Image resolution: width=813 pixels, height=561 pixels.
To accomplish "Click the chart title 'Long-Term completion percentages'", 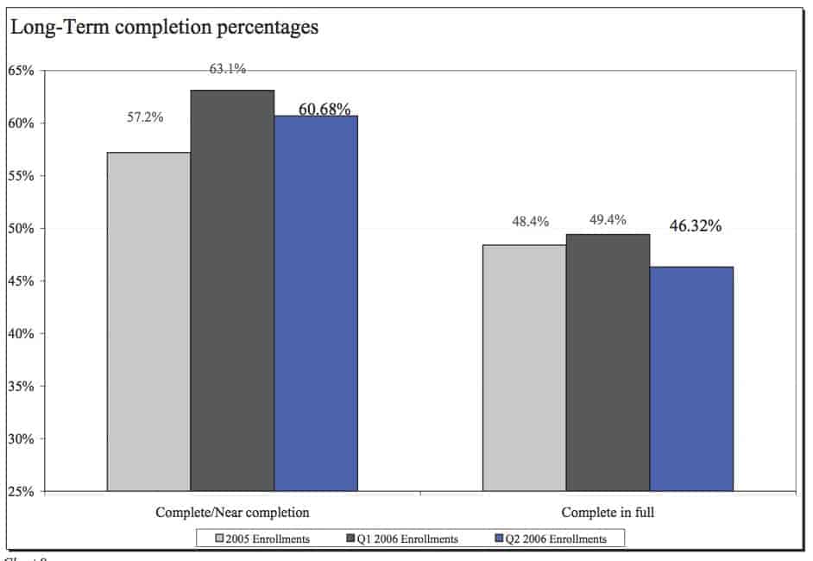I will [x=163, y=28].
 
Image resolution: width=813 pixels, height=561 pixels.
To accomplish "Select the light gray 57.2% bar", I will [x=148, y=321].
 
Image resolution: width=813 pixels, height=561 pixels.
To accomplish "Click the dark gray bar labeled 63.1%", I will [x=232, y=290].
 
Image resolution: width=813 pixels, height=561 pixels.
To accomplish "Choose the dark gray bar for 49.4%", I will [x=608, y=362].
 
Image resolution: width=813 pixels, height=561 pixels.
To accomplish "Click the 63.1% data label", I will [x=228, y=69].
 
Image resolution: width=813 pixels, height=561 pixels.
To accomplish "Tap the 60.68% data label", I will [x=325, y=109].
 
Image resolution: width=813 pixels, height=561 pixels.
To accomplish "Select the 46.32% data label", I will [x=695, y=226].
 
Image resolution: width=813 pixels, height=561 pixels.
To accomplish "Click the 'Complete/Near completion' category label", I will [x=232, y=513].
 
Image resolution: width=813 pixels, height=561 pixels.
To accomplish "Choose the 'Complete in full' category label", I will [x=608, y=513].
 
